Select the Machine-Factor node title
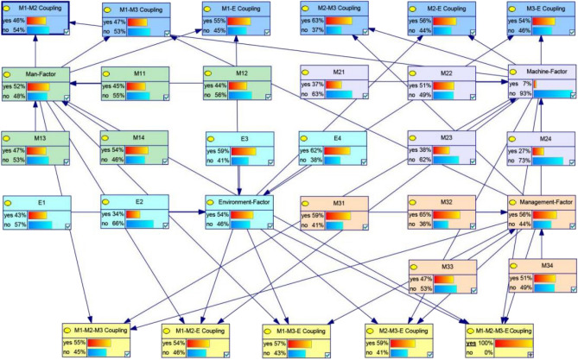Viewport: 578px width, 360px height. tap(543, 73)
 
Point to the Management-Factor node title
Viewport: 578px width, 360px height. tap(542, 201)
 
